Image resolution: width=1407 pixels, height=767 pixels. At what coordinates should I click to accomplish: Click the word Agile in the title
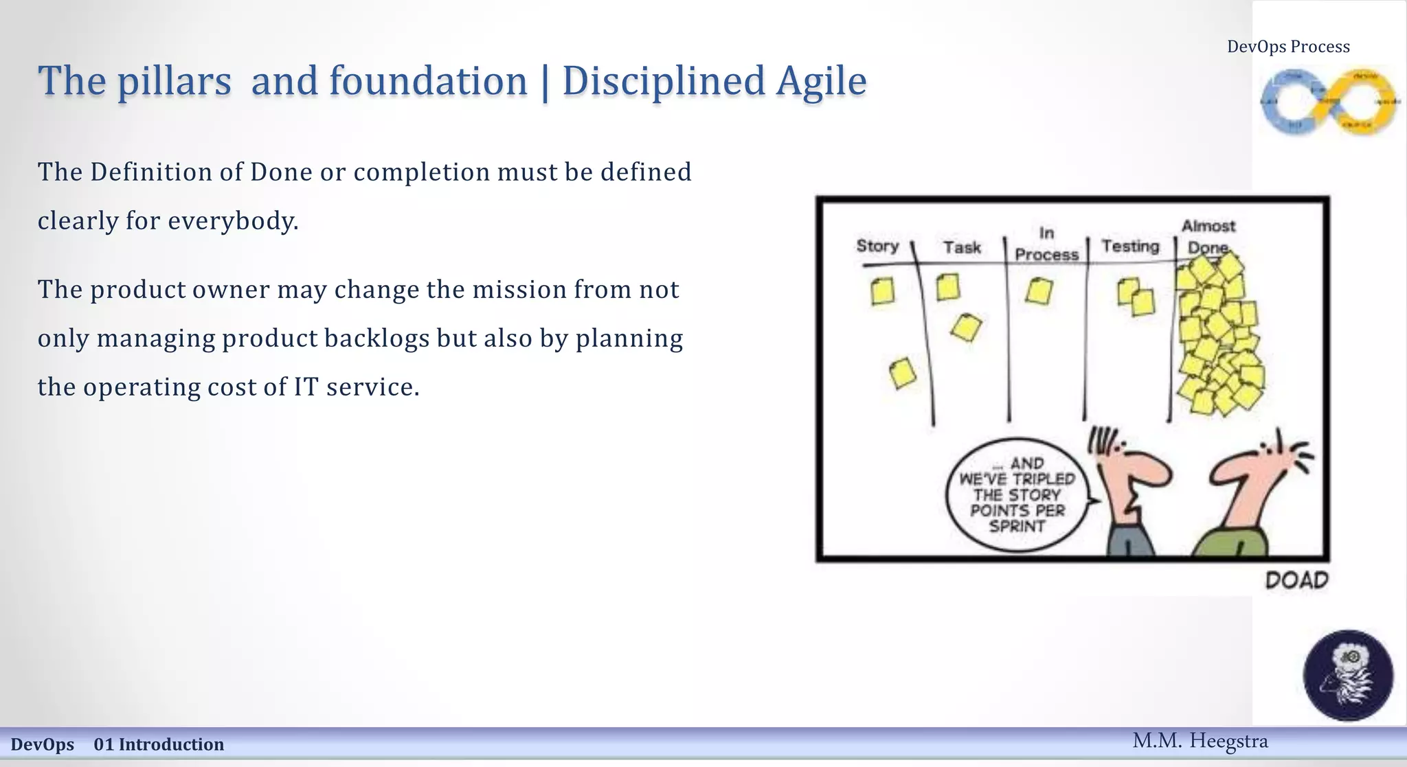pos(822,81)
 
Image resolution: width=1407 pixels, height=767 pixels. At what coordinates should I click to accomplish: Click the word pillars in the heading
pos(174,81)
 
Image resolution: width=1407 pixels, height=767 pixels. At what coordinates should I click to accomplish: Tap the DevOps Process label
pos(1288,47)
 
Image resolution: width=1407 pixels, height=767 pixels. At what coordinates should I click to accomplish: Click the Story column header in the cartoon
pos(877,246)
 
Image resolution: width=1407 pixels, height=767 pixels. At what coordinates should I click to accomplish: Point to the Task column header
pos(962,247)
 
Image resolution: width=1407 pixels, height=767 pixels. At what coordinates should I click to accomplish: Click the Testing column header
pos(1130,246)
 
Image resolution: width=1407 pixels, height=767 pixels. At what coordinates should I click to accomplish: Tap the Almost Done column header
pos(1208,236)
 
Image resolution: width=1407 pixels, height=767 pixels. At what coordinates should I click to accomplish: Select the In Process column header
pos(1046,244)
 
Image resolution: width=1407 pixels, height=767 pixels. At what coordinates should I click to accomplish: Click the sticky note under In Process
pos(1039,291)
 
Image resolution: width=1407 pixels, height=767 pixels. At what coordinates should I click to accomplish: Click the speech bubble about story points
pos(1017,494)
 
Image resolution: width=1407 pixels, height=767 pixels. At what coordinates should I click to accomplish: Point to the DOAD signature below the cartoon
pos(1296,581)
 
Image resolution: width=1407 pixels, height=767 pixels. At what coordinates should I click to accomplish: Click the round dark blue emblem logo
pos(1348,675)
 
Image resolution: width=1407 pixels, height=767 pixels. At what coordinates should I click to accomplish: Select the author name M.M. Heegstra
pos(1200,741)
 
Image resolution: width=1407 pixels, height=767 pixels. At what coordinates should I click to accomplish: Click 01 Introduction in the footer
pos(159,744)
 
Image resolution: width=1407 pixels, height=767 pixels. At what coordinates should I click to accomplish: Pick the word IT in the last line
pos(306,387)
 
